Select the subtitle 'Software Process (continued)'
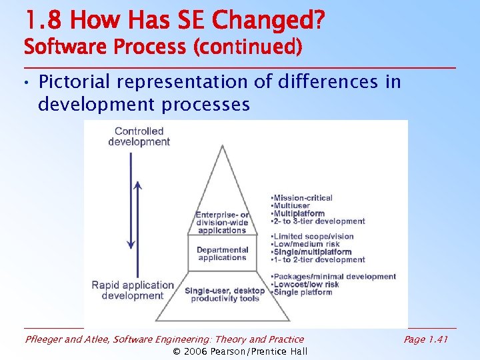point(163,48)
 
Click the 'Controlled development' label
point(139,137)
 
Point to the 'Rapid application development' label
point(133,291)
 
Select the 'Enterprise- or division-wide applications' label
point(222,223)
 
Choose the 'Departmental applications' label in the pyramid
point(222,254)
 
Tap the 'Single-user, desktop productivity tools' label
point(225,295)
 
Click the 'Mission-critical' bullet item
point(302,198)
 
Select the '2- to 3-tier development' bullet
point(318,221)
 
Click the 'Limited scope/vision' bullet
point(313,237)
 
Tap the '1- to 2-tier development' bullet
point(318,260)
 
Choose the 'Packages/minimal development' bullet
point(333,277)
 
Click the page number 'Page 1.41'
point(426,339)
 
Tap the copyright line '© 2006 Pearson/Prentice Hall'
point(240,351)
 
